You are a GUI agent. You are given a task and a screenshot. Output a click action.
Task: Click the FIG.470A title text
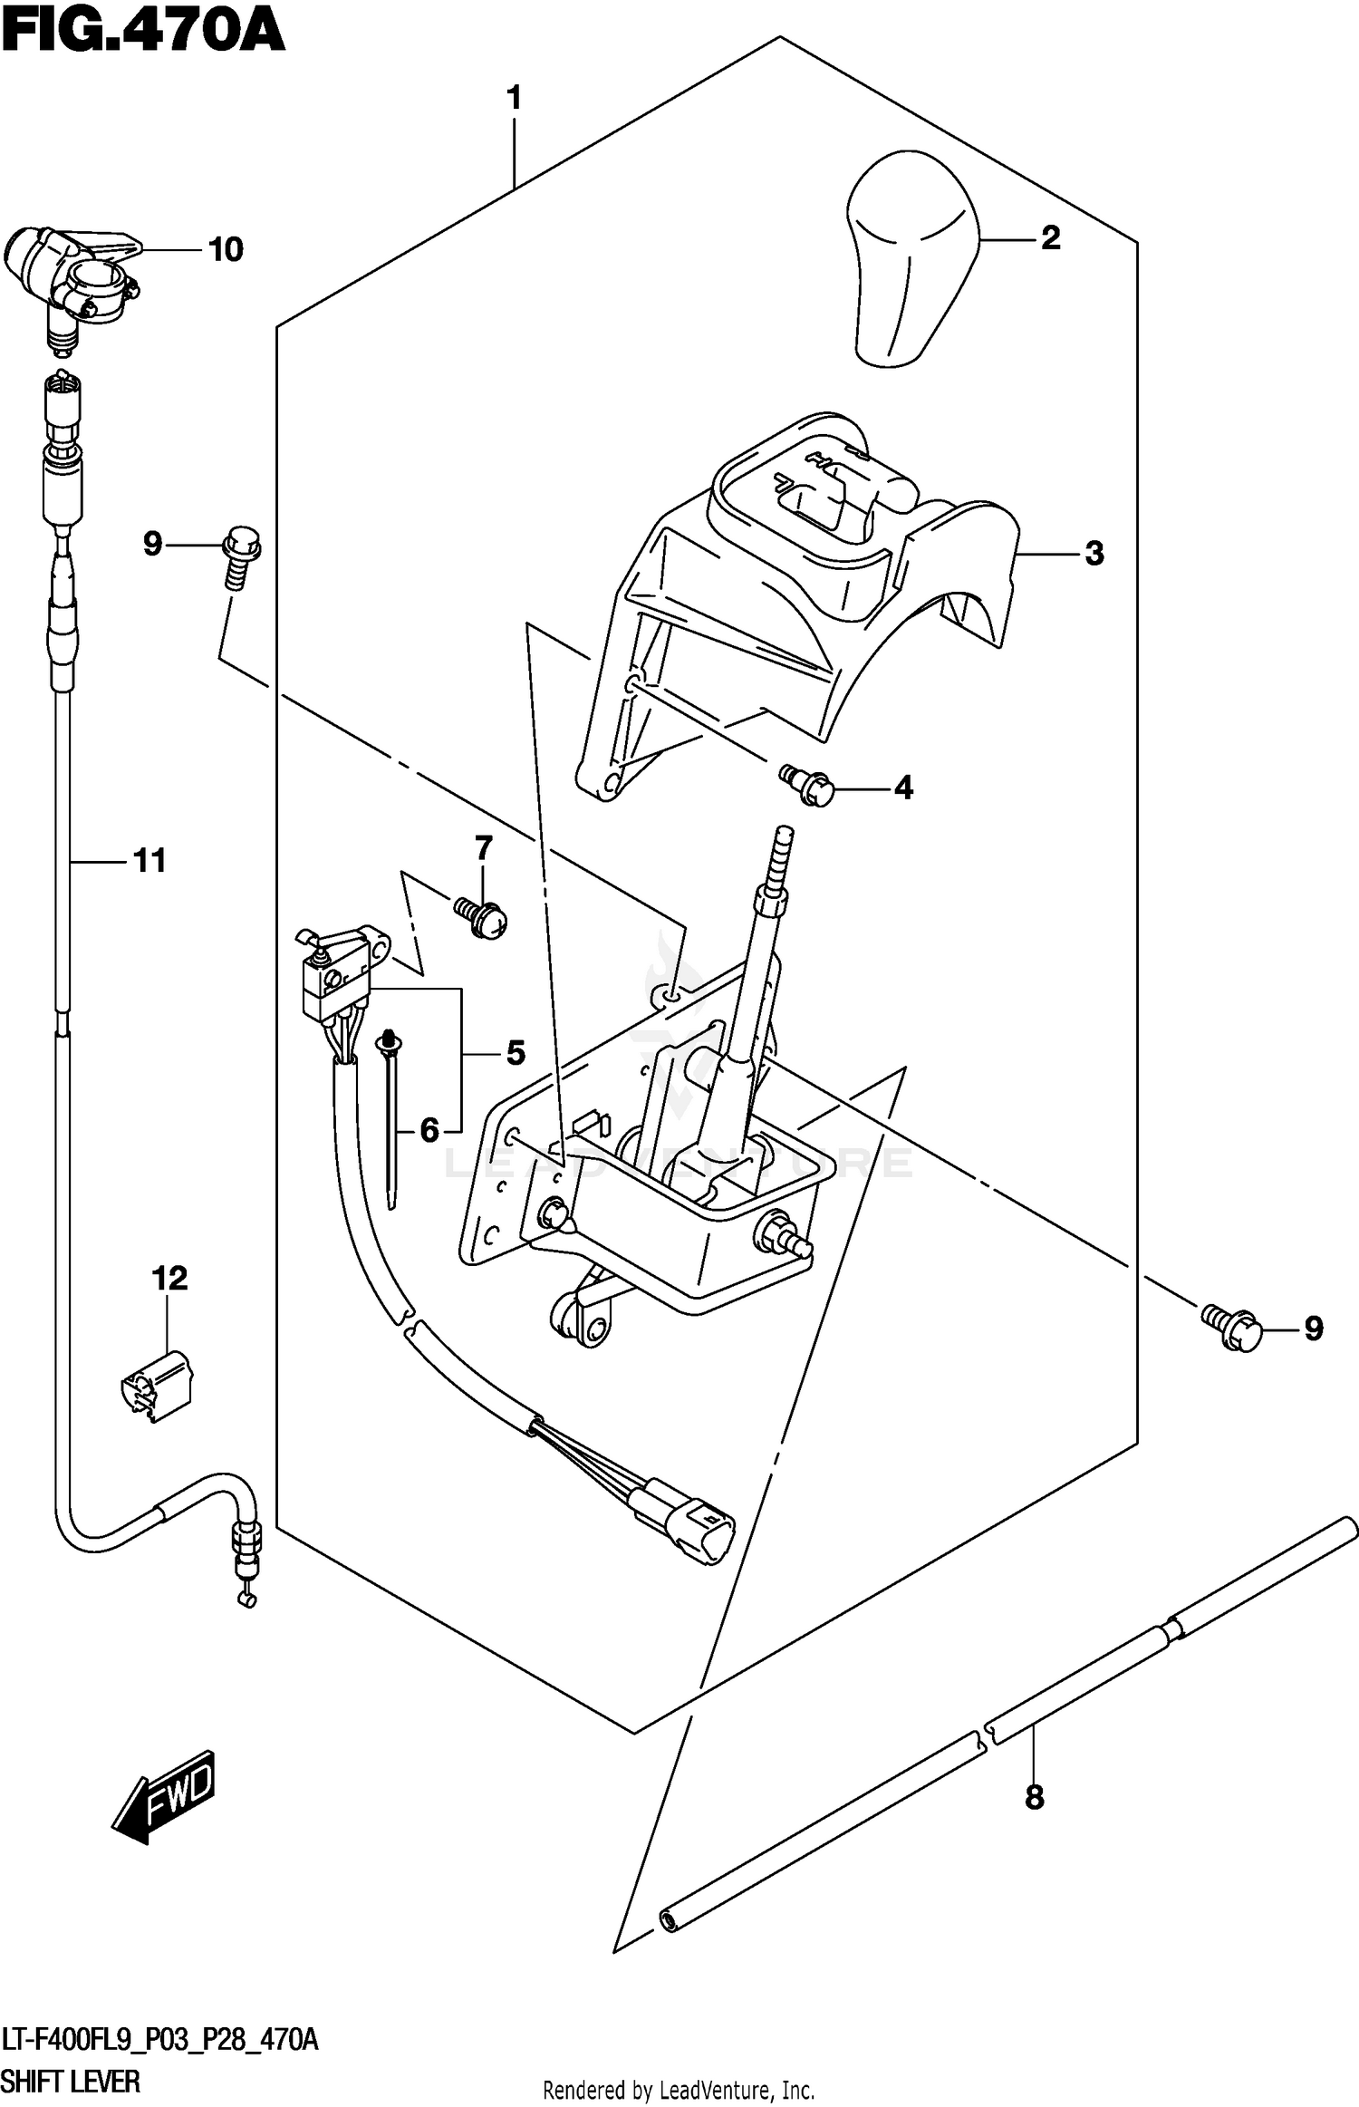pyautogui.click(x=143, y=34)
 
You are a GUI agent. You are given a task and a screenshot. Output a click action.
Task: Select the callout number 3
pyautogui.click(x=1094, y=554)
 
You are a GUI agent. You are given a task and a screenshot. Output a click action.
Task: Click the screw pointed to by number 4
pyautogui.click(x=809, y=784)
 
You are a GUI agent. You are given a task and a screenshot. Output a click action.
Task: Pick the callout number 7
pyautogui.click(x=484, y=848)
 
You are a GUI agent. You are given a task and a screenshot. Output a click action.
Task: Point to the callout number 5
pyautogui.click(x=515, y=1053)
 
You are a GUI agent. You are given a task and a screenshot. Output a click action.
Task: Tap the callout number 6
pyautogui.click(x=429, y=1130)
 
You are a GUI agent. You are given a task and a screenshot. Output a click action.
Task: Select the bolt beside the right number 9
pyautogui.click(x=1232, y=1329)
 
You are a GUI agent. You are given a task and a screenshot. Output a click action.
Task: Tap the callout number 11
pyautogui.click(x=149, y=861)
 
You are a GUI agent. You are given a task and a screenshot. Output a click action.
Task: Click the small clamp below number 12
pyautogui.click(x=156, y=1386)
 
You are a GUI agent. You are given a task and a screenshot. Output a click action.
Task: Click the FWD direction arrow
pyautogui.click(x=165, y=1794)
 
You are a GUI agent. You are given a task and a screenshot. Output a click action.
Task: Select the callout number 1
pyautogui.click(x=514, y=98)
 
